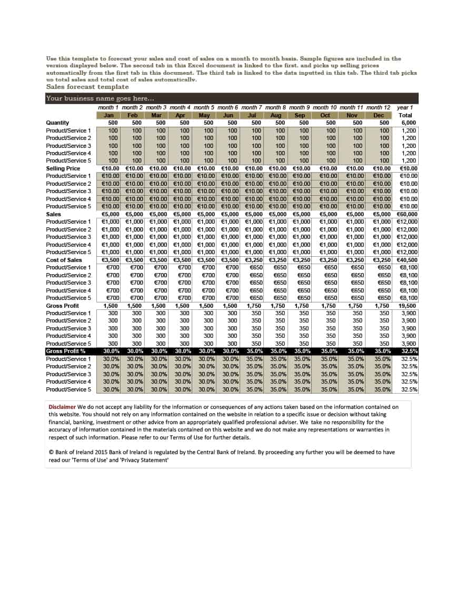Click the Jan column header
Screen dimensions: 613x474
coord(109,115)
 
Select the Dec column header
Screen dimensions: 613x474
coord(378,115)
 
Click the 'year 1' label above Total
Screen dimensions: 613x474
coord(404,107)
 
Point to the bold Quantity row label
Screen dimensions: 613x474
coord(57,123)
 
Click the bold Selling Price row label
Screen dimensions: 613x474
coord(63,168)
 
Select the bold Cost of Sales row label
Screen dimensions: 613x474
coord(64,260)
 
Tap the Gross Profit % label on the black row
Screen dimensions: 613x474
coord(65,351)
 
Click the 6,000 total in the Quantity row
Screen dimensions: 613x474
coord(409,123)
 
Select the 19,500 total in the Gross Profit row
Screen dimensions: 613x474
coord(408,305)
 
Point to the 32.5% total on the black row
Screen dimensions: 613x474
coord(409,351)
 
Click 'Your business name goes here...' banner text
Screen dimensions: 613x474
coord(100,98)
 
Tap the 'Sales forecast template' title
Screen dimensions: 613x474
coord(87,87)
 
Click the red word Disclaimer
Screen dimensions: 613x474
coord(62,407)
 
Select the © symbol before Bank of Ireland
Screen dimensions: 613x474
coord(51,452)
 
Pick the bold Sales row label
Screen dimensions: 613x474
coord(53,214)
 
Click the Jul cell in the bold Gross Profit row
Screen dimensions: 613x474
coord(255,305)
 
